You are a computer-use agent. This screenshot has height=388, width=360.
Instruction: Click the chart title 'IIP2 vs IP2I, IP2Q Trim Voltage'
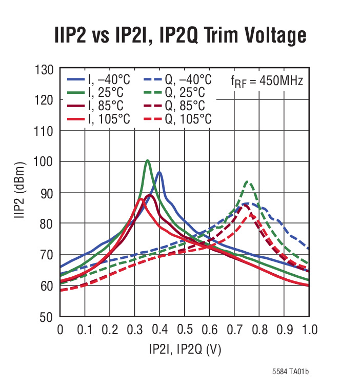(x=181, y=36)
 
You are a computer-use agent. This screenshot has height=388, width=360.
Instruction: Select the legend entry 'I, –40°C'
(x=99, y=79)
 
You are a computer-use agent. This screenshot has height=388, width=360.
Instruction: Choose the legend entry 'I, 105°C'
(x=99, y=119)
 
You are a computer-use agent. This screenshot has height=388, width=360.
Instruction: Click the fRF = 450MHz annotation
(x=266, y=81)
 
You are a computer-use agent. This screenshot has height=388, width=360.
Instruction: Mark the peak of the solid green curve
(x=148, y=160)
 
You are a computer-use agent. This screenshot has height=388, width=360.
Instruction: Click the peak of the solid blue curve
(x=159, y=172)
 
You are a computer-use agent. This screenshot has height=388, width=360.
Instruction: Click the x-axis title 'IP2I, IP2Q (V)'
(x=185, y=350)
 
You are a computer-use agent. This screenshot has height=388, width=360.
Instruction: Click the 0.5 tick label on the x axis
(x=185, y=329)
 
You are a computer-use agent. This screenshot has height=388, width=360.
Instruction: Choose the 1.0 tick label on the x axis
(x=308, y=329)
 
